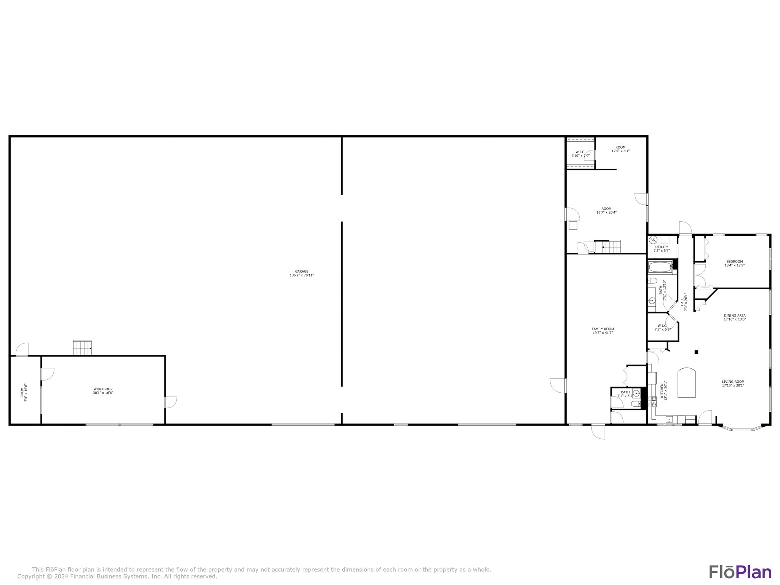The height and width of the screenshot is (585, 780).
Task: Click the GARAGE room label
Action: [x=302, y=272]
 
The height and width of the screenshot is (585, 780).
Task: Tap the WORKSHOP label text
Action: [x=103, y=389]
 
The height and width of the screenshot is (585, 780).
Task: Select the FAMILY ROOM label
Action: [x=603, y=329]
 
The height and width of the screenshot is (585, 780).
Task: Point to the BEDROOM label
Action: [x=734, y=262]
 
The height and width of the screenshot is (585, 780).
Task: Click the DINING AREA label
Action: [x=735, y=315]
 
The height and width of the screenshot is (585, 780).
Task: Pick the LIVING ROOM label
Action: [x=733, y=382]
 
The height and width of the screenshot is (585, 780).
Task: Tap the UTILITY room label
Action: [x=662, y=247]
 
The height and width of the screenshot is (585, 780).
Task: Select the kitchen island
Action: [x=686, y=383]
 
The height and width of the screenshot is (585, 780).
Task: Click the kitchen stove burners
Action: [x=654, y=401]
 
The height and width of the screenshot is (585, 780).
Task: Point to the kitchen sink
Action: [x=669, y=420]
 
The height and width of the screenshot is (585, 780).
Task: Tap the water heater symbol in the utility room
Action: [x=653, y=240]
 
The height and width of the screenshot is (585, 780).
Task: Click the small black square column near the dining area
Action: [x=696, y=352]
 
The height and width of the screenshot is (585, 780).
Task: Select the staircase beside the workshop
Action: [x=82, y=348]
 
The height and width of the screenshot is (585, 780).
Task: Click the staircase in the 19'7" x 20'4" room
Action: [x=607, y=247]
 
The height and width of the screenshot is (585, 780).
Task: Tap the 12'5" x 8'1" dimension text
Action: [x=620, y=151]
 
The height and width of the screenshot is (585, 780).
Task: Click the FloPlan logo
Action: [x=740, y=572]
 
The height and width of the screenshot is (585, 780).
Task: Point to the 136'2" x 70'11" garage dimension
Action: [x=302, y=275]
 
